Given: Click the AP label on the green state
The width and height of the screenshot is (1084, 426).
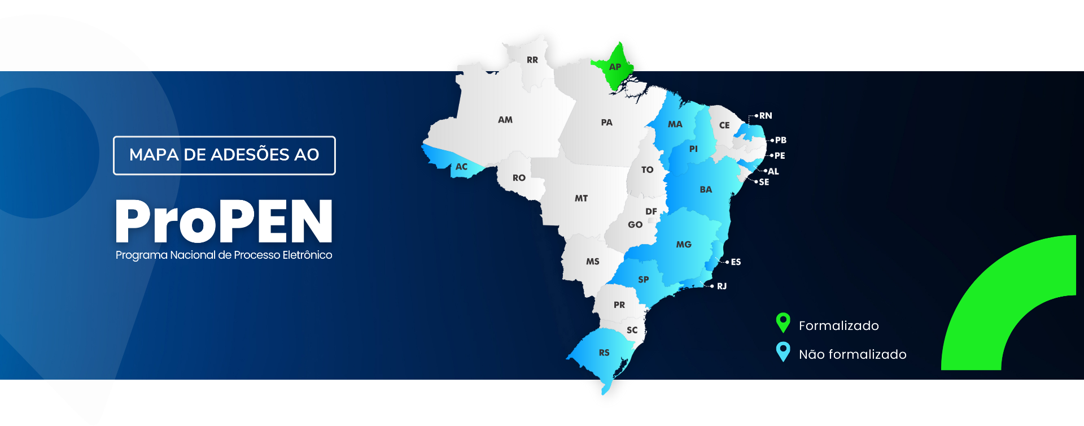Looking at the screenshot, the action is click(x=615, y=67).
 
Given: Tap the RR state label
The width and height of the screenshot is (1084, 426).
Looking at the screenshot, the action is click(x=532, y=60).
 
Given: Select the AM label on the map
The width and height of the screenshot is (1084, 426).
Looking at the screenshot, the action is click(x=505, y=120).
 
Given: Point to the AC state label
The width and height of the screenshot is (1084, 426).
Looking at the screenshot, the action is click(x=461, y=167).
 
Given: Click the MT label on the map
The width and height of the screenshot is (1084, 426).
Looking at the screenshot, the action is click(x=581, y=198).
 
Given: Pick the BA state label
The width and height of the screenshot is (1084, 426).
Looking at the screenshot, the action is click(x=706, y=190).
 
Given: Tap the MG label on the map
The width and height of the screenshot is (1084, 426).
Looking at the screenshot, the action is click(x=684, y=245).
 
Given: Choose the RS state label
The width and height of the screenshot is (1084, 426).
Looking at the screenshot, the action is click(x=604, y=353).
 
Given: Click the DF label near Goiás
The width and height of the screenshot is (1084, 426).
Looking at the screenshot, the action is click(x=651, y=211).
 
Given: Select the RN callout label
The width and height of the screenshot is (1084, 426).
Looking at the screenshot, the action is click(x=766, y=116).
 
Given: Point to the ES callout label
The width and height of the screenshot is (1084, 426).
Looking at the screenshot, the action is click(x=736, y=262).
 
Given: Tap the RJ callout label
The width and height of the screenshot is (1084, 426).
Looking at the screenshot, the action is click(x=722, y=286).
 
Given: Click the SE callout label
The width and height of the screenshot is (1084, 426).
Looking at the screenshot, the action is click(x=764, y=182).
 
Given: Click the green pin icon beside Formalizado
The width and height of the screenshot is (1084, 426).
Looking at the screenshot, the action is click(x=783, y=323).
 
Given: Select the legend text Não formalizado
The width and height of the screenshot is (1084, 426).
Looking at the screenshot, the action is click(x=853, y=354).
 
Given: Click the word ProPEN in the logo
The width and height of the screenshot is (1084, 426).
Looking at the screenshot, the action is click(x=224, y=221).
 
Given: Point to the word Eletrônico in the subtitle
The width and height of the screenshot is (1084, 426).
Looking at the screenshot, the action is click(x=307, y=255).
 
